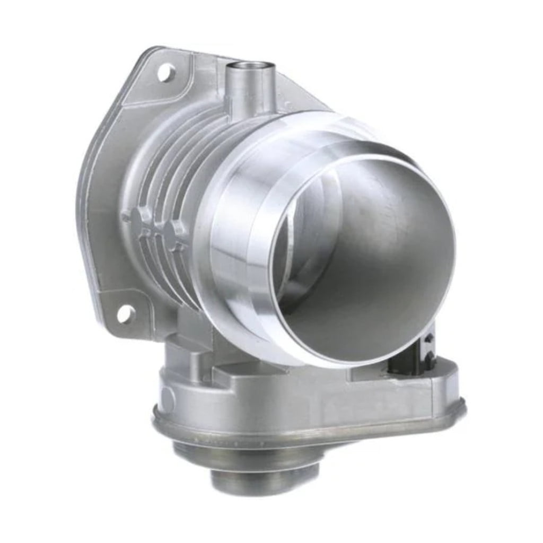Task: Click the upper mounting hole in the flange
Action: [166, 72]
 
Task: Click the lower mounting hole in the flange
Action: [125, 314]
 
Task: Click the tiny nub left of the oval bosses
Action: [125, 217]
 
